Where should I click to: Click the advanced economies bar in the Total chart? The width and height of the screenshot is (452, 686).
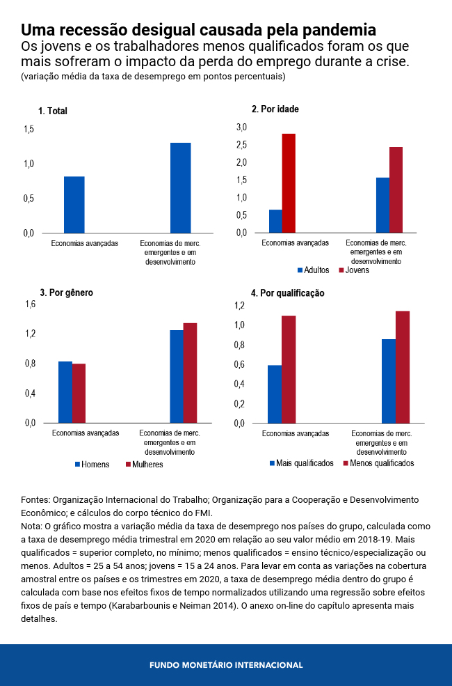pos(74,205)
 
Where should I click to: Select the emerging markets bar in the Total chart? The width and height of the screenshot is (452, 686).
pos(180,188)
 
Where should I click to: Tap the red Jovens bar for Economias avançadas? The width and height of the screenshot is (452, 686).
pos(289,183)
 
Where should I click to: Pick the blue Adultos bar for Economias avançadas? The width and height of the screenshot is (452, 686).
pos(275,221)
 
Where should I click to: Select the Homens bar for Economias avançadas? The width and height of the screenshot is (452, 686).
pos(65,392)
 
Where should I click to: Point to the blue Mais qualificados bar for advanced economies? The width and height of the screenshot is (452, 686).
pos(275,393)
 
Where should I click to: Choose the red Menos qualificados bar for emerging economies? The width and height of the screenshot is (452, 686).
pos(403,367)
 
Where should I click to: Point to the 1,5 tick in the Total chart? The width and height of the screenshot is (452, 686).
pos(29,130)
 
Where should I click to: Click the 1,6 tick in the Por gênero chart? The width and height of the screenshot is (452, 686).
pos(30,304)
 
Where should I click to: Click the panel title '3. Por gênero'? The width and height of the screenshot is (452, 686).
pos(66,293)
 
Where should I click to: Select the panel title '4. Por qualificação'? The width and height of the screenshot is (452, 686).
pos(287,293)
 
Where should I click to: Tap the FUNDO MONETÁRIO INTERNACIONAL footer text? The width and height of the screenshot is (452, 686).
pos(226,665)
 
